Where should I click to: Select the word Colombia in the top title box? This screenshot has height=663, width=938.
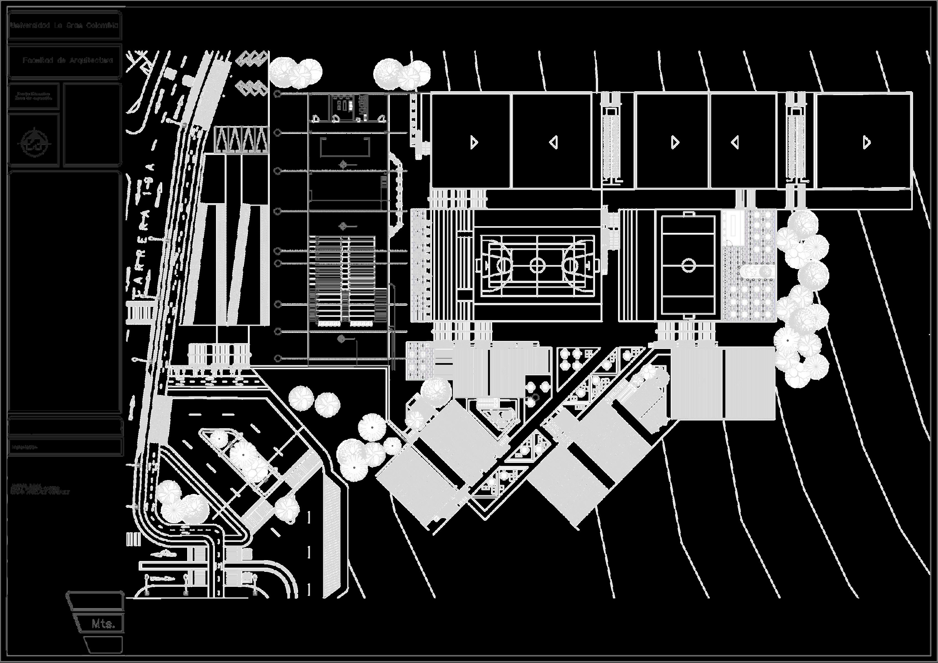[102, 25]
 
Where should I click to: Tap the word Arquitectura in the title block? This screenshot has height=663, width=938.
[91, 60]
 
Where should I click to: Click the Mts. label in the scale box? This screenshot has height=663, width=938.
[103, 624]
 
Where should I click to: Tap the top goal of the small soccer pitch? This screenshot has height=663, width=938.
[688, 214]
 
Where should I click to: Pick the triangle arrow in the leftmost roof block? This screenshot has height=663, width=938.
[474, 142]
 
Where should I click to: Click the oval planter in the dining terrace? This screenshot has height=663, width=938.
[756, 271]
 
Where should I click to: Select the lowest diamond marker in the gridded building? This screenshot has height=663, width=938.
[342, 339]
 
